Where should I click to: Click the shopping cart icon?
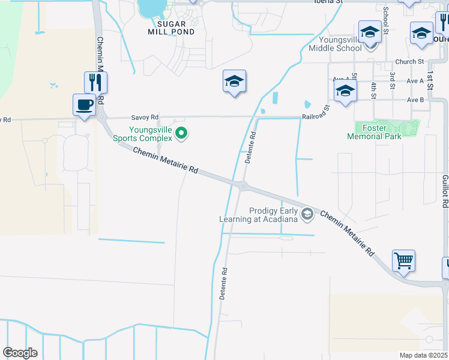tap(404, 261)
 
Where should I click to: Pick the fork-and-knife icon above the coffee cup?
tap(95, 82)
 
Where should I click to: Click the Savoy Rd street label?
tap(145, 117)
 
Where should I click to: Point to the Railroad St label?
tap(316, 112)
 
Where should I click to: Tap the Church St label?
tap(409, 62)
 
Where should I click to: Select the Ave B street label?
tap(415, 100)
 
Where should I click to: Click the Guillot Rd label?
tap(445, 191)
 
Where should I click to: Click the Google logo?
tap(20, 353)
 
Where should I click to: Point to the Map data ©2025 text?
tap(423, 355)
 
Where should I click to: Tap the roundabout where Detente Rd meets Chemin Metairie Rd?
tap(241, 186)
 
